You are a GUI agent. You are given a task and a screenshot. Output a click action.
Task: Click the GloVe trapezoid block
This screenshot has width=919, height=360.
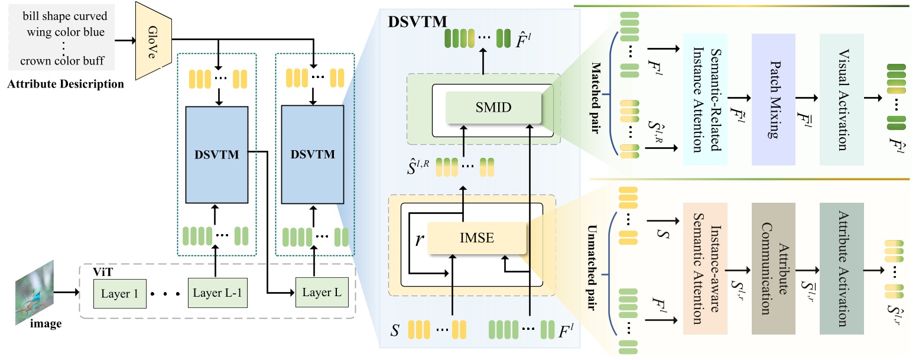[x=154, y=41]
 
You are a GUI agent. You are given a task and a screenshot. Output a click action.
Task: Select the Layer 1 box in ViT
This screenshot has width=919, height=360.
[x=119, y=294]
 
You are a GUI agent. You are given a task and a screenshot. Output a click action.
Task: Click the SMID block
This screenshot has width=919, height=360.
[x=493, y=108]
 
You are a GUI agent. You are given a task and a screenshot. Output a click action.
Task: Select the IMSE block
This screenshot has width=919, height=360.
[x=476, y=238]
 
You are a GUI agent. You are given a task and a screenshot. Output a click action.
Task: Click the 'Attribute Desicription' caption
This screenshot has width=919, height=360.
[x=65, y=84]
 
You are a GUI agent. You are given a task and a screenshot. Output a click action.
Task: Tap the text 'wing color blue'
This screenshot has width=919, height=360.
[x=66, y=32]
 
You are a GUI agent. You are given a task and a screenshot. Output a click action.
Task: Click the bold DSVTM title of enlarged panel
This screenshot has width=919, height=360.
[x=416, y=22]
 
